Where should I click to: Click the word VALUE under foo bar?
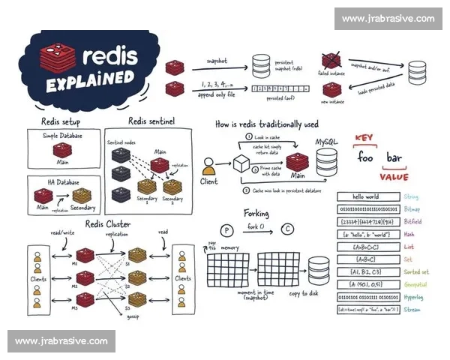(x=393, y=177)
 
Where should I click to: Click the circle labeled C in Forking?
(x=286, y=229)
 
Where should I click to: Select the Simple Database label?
(x=61, y=136)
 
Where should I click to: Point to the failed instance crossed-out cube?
(x=331, y=61)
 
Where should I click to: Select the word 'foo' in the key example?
(x=365, y=158)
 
